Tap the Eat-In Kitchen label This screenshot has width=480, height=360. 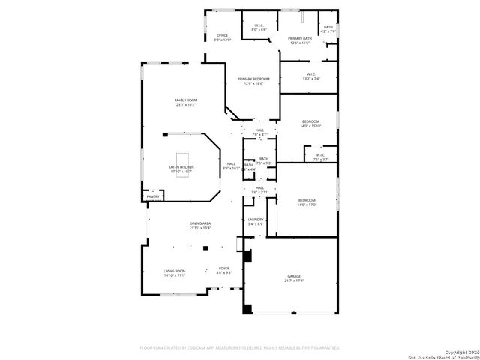(x=181, y=167)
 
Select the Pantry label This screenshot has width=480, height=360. (x=153, y=196)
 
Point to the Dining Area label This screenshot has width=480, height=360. (x=199, y=223)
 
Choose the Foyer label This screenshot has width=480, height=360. (x=223, y=268)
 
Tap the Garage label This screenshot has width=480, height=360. (x=293, y=276)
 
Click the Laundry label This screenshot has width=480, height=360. (x=256, y=220)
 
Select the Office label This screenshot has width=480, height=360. (x=222, y=35)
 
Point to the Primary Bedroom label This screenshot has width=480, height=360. (x=253, y=79)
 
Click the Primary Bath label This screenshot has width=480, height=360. (x=300, y=39)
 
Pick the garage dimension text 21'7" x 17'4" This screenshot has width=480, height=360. (x=293, y=281)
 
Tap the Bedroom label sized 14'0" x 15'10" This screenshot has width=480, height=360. (x=310, y=121)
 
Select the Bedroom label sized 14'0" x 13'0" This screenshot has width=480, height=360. (x=307, y=200)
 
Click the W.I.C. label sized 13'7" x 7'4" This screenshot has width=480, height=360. (x=310, y=73)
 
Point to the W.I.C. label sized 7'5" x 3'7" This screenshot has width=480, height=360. (x=320, y=155)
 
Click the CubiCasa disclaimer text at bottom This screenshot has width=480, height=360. (x=240, y=347)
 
